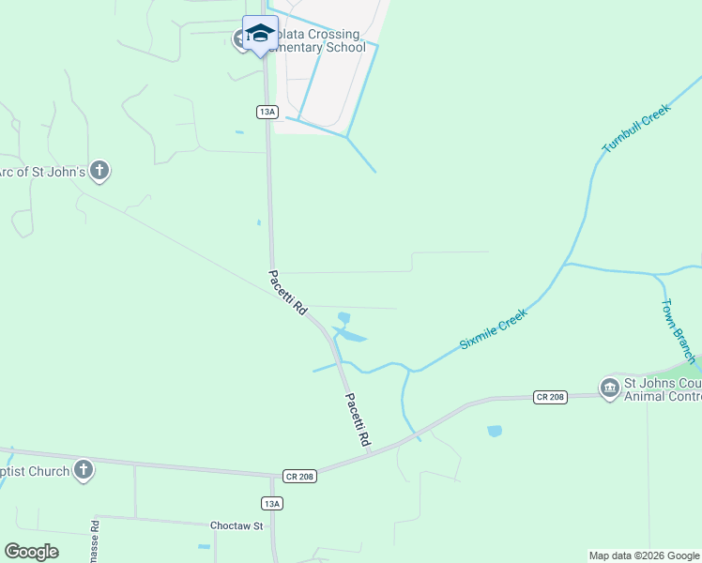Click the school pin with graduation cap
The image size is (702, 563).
(x=260, y=35)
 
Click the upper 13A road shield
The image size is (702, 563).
(x=267, y=112)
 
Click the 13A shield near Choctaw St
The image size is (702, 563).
(x=271, y=504)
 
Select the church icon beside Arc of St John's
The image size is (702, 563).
(x=100, y=171)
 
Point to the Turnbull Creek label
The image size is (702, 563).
(x=639, y=129)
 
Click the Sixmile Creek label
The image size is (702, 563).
(x=494, y=328)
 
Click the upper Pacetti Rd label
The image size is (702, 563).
(x=288, y=293)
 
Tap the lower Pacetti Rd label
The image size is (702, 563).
(x=357, y=419)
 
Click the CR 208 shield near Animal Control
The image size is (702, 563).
(x=550, y=397)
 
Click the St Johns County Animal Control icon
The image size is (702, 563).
(x=609, y=388)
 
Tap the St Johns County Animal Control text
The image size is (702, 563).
(x=662, y=389)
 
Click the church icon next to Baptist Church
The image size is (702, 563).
(x=84, y=470)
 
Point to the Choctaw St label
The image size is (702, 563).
(x=235, y=525)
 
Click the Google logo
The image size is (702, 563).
(x=31, y=552)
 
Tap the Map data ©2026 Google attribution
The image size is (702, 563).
(x=644, y=555)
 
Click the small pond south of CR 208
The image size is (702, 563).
(x=495, y=432)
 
